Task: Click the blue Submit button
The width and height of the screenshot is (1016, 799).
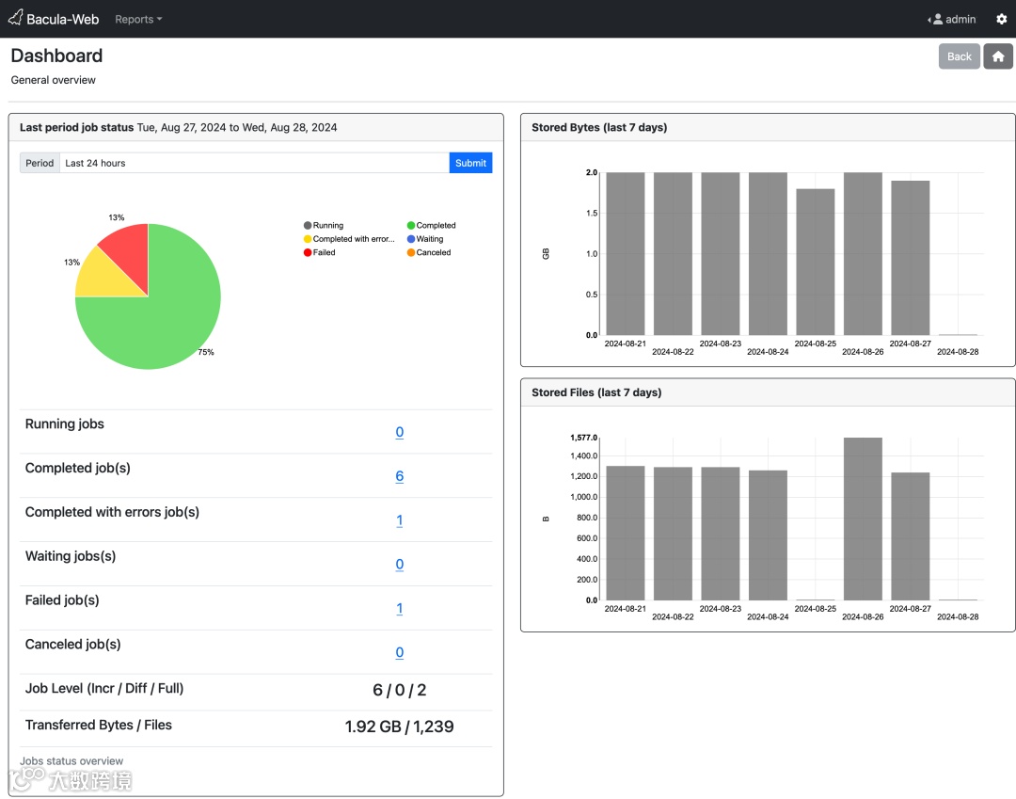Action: click(470, 163)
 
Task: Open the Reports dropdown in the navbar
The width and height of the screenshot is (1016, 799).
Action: click(138, 19)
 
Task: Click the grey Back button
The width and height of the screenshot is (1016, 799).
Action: click(959, 56)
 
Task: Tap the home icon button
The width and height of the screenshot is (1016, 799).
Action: click(998, 56)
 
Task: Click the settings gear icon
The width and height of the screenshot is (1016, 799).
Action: click(1001, 19)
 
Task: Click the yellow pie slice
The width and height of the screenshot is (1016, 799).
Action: click(103, 276)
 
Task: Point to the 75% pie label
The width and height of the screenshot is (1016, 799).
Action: click(205, 352)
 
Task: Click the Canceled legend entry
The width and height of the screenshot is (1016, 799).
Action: click(433, 252)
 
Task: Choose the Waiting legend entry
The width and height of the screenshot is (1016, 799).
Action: click(429, 239)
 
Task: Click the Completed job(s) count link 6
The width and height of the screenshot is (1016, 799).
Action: click(399, 476)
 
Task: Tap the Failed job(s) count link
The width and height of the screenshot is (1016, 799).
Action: click(399, 609)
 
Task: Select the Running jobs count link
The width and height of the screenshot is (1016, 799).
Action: click(399, 432)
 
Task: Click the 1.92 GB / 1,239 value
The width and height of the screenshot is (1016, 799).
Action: click(399, 727)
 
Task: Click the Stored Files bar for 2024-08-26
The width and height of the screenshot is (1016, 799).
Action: click(863, 519)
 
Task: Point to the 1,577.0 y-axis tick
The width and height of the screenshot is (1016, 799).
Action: click(583, 438)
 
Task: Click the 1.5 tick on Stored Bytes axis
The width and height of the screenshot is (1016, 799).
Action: click(590, 214)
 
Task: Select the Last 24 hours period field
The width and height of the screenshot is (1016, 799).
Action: click(254, 163)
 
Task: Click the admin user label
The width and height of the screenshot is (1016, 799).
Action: click(960, 19)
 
